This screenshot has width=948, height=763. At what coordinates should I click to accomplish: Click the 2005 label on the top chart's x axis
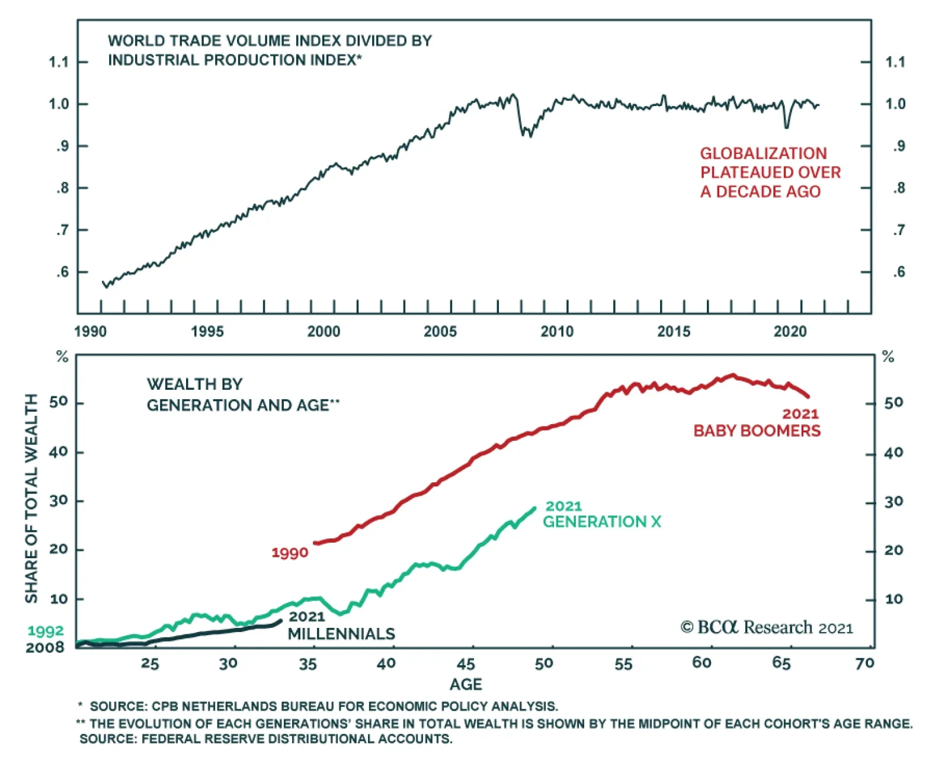[440, 331]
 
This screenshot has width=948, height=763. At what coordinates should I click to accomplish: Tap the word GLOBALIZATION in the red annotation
[763, 153]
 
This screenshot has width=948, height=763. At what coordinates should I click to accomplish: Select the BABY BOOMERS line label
[757, 431]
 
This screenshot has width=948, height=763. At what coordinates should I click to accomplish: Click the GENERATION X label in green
[601, 522]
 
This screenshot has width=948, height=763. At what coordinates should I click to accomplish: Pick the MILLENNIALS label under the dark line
[341, 634]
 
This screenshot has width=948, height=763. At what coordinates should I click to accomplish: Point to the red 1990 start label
[290, 553]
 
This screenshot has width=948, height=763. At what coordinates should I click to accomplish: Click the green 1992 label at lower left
[46, 631]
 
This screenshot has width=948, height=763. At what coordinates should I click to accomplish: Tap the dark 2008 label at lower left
[45, 647]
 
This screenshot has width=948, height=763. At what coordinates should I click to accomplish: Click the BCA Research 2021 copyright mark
[767, 627]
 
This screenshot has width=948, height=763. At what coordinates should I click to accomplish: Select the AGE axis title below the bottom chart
[466, 685]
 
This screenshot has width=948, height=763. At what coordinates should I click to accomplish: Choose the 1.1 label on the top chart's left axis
[59, 62]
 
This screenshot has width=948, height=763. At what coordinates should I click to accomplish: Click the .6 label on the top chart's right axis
[899, 272]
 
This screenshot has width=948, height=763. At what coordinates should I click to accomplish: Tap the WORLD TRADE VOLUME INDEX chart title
[270, 50]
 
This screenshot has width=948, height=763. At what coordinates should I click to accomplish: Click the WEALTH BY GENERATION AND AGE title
[243, 395]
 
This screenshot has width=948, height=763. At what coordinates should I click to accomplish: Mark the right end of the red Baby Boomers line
[808, 396]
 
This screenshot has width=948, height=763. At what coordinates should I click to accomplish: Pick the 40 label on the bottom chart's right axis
[893, 453]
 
